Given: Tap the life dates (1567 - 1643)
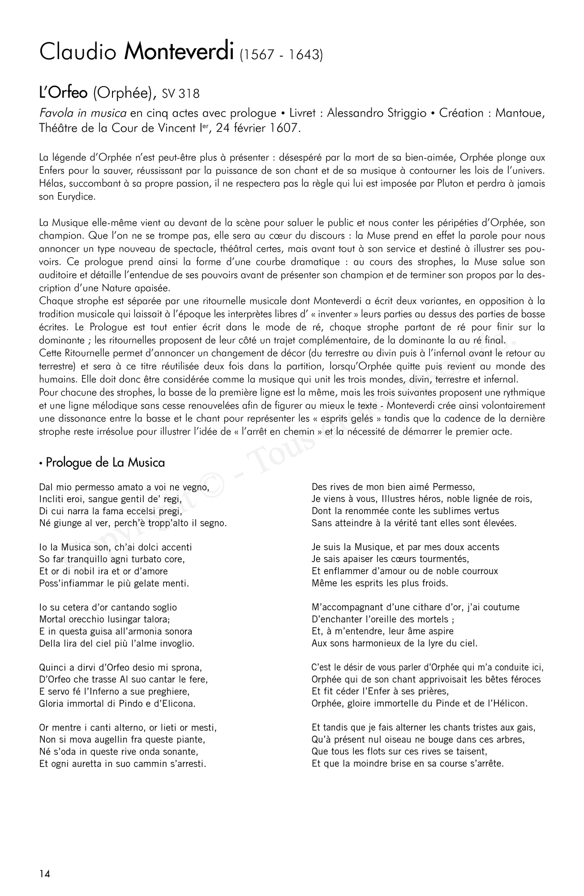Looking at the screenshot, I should (281, 55).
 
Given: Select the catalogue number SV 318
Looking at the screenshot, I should (181, 94).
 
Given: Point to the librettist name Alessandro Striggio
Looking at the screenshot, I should (377, 113).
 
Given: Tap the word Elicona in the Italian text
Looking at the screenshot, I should (175, 703).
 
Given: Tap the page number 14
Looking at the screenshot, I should (45, 874).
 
